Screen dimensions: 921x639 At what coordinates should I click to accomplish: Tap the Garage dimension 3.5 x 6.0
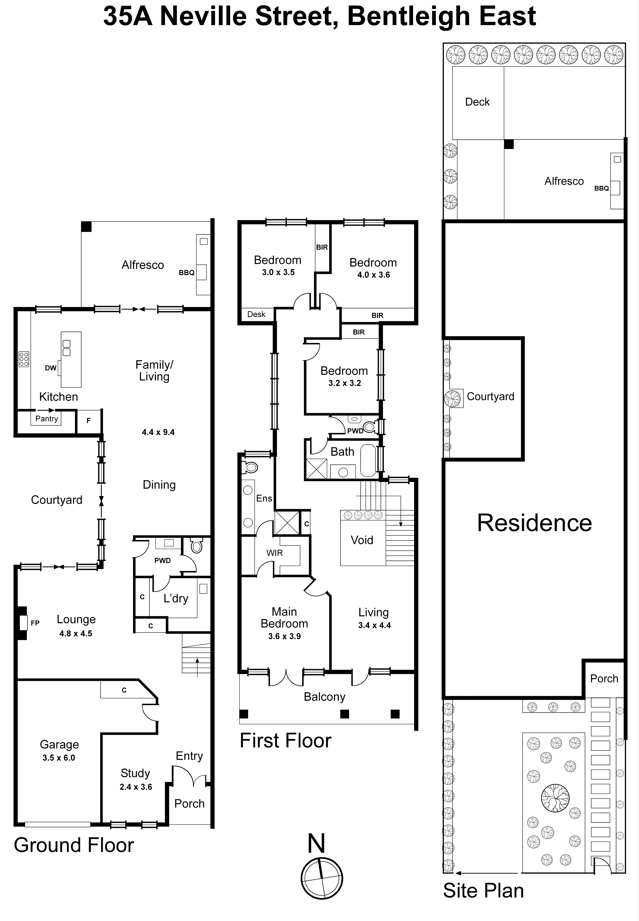pyautogui.click(x=59, y=758)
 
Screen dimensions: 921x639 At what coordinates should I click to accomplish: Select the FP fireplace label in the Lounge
pyautogui.click(x=35, y=623)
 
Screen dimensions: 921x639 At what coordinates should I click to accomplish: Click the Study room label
pyautogui.click(x=135, y=773)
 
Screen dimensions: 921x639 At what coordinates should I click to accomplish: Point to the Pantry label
pyautogui.click(x=46, y=419)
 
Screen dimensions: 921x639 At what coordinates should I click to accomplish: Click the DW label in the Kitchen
pyautogui.click(x=50, y=368)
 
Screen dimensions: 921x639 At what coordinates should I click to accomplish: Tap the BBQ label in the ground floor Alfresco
pyautogui.click(x=186, y=273)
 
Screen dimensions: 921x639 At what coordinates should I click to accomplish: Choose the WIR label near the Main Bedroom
pyautogui.click(x=275, y=553)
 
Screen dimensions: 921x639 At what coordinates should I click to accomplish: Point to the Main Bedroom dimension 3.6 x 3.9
pyautogui.click(x=284, y=636)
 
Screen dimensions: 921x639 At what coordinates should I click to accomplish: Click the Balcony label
pyautogui.click(x=324, y=697)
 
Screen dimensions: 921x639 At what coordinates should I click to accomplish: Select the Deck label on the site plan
pyautogui.click(x=477, y=102)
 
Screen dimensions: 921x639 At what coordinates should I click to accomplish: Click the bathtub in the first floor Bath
pyautogui.click(x=368, y=460)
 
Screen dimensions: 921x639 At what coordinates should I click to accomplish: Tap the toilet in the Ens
pyautogui.click(x=251, y=467)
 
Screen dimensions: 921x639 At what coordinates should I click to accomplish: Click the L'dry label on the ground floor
pyautogui.click(x=176, y=598)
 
